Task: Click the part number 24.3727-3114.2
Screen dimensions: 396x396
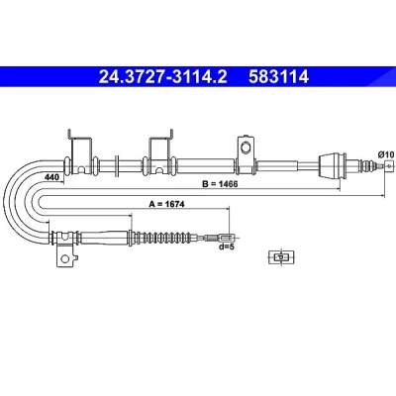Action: point(163,77)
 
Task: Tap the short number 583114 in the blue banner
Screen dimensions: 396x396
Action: point(278,77)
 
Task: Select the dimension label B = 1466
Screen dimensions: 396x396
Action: point(220,184)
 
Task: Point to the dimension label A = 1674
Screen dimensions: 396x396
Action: point(167,204)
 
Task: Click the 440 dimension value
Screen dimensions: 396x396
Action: point(51,177)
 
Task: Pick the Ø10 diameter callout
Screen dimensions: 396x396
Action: point(386,154)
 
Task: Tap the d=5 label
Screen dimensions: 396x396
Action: point(226,247)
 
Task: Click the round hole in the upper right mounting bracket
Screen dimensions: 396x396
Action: point(246,147)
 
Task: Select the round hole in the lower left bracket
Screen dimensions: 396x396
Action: point(65,258)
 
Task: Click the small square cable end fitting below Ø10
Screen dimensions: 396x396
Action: point(389,165)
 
